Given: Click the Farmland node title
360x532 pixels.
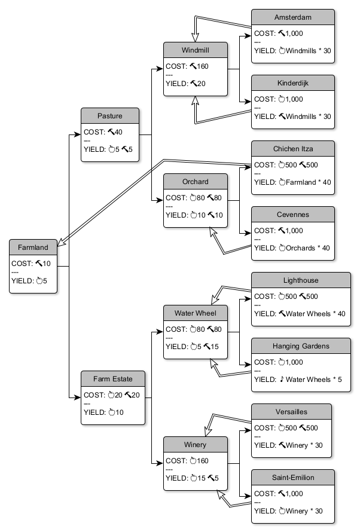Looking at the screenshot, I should [x=33, y=246].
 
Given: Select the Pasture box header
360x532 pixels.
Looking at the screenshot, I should [x=110, y=115].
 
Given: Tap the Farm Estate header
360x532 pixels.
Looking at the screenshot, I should [x=114, y=378].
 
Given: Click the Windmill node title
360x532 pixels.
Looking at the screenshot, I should [x=196, y=50].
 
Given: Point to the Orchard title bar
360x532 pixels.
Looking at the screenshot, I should [x=196, y=181].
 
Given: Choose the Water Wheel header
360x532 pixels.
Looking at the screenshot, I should [x=196, y=313].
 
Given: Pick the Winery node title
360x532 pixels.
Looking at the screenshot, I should [x=196, y=444].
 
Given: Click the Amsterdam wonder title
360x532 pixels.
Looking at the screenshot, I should [x=292, y=17].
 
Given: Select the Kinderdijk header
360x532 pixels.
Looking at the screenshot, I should [x=292, y=82].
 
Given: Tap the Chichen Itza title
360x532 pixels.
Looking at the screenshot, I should [x=292, y=148].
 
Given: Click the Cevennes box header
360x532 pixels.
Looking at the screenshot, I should [x=292, y=214].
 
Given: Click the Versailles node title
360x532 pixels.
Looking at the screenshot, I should [x=292, y=411].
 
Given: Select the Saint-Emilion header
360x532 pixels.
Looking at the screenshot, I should [x=292, y=477].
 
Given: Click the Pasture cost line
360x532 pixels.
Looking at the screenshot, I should [x=103, y=132].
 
